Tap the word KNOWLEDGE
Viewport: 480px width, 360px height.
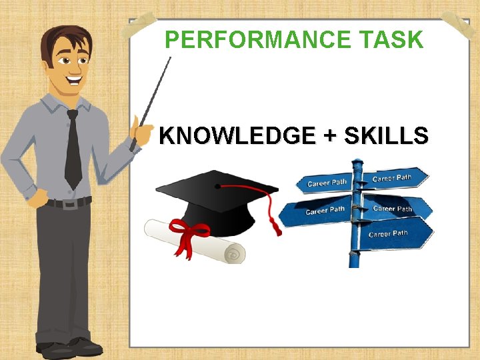237,136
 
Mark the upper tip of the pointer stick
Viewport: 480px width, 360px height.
170,59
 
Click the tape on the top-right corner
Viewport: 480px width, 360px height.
459,25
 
